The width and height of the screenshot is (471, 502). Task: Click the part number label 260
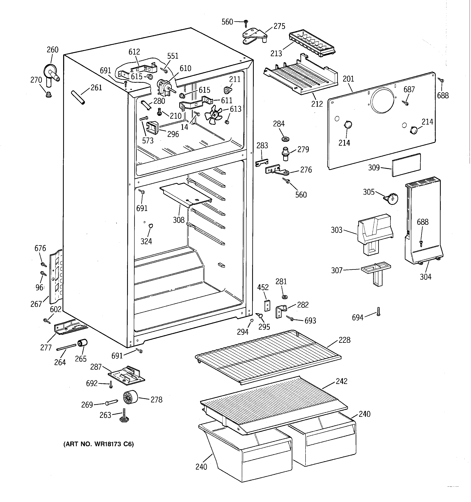(x=52, y=49)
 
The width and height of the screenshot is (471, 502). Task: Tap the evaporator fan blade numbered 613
(x=213, y=115)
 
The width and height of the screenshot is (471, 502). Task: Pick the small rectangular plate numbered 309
(x=406, y=165)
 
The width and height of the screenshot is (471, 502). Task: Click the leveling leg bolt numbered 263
(x=124, y=415)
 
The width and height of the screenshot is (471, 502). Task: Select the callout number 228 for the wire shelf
(x=345, y=340)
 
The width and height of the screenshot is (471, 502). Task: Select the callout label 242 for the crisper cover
(x=341, y=381)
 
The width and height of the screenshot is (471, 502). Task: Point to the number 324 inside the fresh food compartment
(x=146, y=241)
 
